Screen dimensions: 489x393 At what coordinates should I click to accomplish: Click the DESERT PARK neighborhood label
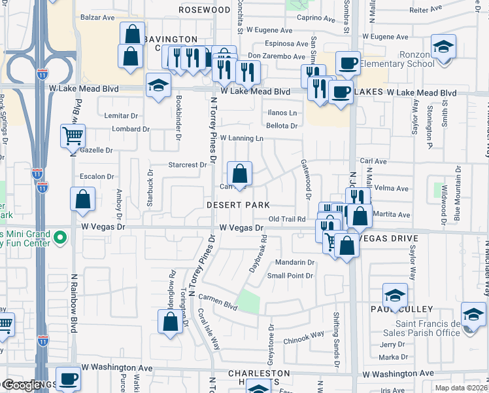pyautogui.click(x=238, y=205)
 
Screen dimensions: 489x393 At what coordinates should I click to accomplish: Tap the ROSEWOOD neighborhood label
pyautogui.click(x=205, y=10)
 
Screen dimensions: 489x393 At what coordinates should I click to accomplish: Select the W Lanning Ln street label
pyautogui.click(x=241, y=138)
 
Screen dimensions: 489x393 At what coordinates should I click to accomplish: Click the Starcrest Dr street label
pyautogui.click(x=188, y=165)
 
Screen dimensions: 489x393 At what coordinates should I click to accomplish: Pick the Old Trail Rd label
pyautogui.click(x=287, y=219)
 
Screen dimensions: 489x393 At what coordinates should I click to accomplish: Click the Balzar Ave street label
pyautogui.click(x=97, y=17)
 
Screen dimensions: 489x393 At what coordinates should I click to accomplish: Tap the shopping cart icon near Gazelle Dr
pyautogui.click(x=73, y=136)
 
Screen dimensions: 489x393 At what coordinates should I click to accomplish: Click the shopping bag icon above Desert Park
pyautogui.click(x=240, y=174)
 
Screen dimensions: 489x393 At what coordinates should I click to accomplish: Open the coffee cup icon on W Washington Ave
pyautogui.click(x=68, y=379)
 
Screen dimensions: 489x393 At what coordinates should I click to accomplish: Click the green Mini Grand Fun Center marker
pyautogui.click(x=61, y=236)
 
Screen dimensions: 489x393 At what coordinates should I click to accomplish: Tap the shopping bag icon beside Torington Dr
pyautogui.click(x=171, y=322)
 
